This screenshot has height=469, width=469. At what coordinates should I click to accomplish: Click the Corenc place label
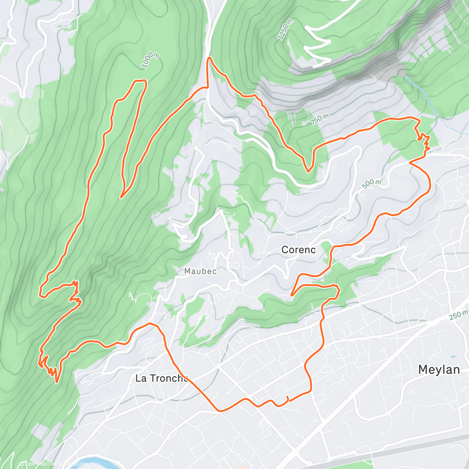[x=298, y=250]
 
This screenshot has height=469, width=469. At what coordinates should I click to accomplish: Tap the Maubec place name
[x=200, y=271]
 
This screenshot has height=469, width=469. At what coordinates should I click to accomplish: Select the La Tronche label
[x=161, y=378]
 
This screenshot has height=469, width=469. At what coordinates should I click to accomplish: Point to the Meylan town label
[x=439, y=369]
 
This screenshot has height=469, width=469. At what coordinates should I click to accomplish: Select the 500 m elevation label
[x=371, y=184]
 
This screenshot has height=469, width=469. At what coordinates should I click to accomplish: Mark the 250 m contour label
[x=458, y=315]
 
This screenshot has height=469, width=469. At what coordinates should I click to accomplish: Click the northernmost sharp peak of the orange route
[x=209, y=58]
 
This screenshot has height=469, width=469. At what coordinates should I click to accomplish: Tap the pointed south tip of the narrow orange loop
[x=122, y=197]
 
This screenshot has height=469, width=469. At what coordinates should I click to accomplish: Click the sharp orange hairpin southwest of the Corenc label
[x=292, y=295]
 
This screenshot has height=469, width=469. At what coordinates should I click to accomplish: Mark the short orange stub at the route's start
[x=288, y=398]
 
